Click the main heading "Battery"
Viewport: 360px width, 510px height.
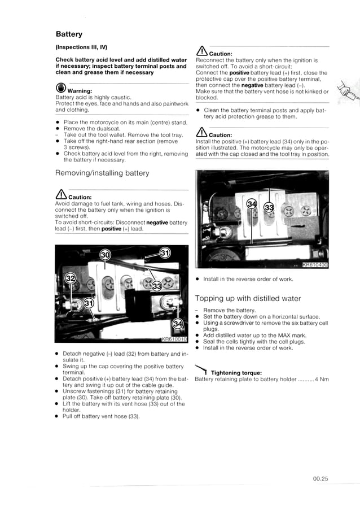click(x=69, y=34)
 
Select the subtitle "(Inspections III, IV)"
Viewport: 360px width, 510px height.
click(x=81, y=47)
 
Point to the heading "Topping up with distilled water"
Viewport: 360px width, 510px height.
click(x=248, y=298)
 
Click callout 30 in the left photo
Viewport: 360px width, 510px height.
click(x=105, y=255)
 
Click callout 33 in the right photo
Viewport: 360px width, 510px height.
click(x=270, y=207)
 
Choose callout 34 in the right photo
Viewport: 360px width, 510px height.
click(x=252, y=203)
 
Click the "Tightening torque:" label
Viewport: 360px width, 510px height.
click(x=236, y=373)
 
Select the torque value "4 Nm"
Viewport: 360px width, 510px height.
click(x=322, y=380)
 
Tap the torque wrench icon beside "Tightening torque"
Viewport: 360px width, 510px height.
click(x=201, y=370)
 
